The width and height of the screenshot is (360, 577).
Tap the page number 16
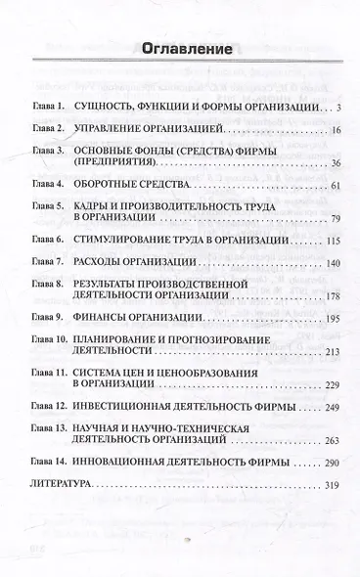coord(334,129)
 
